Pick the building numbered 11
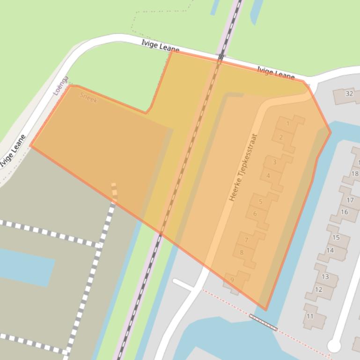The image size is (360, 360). point(310,317)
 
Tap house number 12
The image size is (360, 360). point(319,289)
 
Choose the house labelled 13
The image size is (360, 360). point(325,276)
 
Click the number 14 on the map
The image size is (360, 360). point(330,250)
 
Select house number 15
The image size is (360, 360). point(336,238)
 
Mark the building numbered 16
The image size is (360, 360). point(345,212)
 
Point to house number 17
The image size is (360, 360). point(350,200)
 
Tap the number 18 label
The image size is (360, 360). point(355,174)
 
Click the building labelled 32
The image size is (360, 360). point(349,94)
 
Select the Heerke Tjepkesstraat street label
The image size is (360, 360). point(243,168)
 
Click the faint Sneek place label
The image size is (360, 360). point(88,97)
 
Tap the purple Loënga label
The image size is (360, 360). point(61,86)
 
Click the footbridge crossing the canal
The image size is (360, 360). point(263,322)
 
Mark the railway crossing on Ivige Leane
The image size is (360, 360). point(221,57)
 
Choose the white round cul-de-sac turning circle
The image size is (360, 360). point(334,346)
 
